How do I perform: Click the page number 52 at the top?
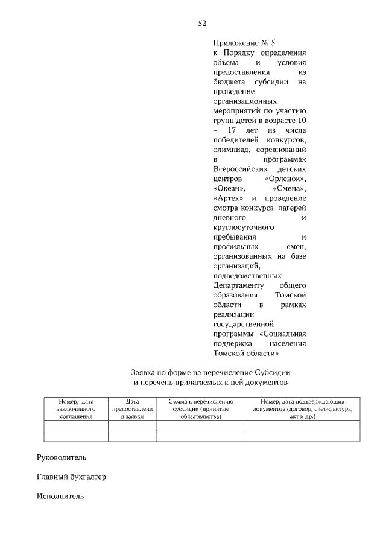click(202, 24)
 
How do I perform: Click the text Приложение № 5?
click(244, 43)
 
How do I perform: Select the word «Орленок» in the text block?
click(285, 179)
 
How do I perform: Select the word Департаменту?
click(239, 285)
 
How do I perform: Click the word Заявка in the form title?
click(146, 372)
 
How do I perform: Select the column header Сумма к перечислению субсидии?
click(200, 408)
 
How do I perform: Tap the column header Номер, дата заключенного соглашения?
click(75, 408)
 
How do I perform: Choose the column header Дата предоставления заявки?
click(132, 408)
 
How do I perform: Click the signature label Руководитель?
click(62, 457)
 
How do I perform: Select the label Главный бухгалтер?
click(71, 477)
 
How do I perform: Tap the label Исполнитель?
click(60, 497)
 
